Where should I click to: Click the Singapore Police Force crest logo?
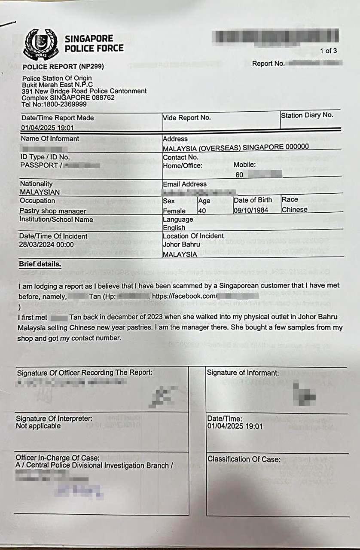coord(40,44)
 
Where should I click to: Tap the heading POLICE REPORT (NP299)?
coord(63,67)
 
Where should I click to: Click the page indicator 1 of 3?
coord(328,51)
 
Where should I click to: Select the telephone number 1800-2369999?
coord(61,104)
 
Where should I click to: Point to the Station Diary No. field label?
coord(307,115)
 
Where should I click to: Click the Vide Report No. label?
coord(186,118)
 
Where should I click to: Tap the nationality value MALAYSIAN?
coord(40,192)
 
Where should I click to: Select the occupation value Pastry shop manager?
coord(52,211)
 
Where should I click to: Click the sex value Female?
coord(174,211)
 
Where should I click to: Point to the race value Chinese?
coord(294,210)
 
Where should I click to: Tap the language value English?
coord(174,228)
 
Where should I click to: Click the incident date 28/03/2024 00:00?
coord(47,244)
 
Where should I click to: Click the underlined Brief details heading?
coord(40,264)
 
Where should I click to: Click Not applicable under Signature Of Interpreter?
coord(38,426)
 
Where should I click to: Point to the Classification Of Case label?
coord(244,459)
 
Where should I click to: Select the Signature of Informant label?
coord(243,373)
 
